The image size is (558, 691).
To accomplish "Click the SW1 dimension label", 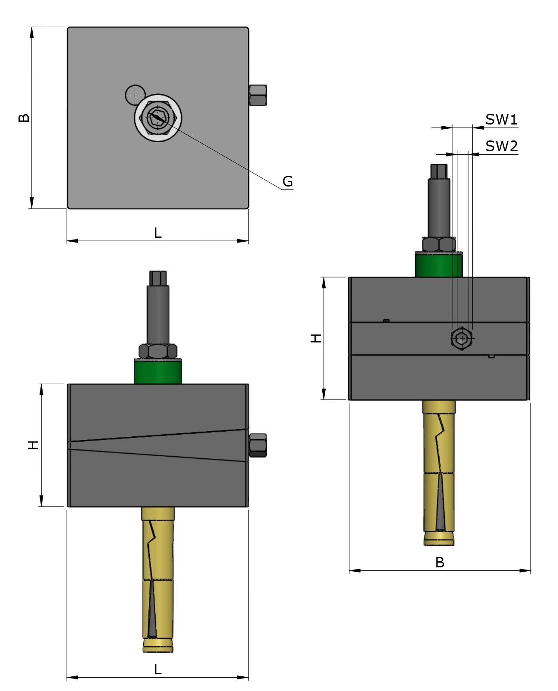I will pyautogui.click(x=501, y=119).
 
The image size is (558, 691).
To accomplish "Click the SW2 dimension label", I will pyautogui.click(x=501, y=146).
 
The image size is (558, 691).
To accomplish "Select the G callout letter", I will pyautogui.click(x=287, y=181).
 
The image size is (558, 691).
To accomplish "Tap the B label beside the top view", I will pyautogui.click(x=24, y=118).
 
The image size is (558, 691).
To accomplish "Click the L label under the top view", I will pyautogui.click(x=157, y=233).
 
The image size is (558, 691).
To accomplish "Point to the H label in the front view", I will pyautogui.click(x=34, y=445).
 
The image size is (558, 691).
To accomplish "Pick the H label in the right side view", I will pyautogui.click(x=316, y=338).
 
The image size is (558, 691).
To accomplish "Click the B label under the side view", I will pyautogui.click(x=439, y=562).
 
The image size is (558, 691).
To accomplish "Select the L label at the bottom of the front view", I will pyautogui.click(x=157, y=669).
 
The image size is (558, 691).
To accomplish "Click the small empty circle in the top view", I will pyautogui.click(x=135, y=94).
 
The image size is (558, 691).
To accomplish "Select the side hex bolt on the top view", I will pyautogui.click(x=258, y=95).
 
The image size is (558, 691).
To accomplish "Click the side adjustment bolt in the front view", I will pyautogui.click(x=258, y=445).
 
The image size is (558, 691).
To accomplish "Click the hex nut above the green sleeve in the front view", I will pyautogui.click(x=158, y=351).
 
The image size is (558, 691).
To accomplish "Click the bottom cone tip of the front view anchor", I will pyautogui.click(x=158, y=646).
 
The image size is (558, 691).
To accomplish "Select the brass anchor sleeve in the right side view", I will pyautogui.click(x=439, y=470).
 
